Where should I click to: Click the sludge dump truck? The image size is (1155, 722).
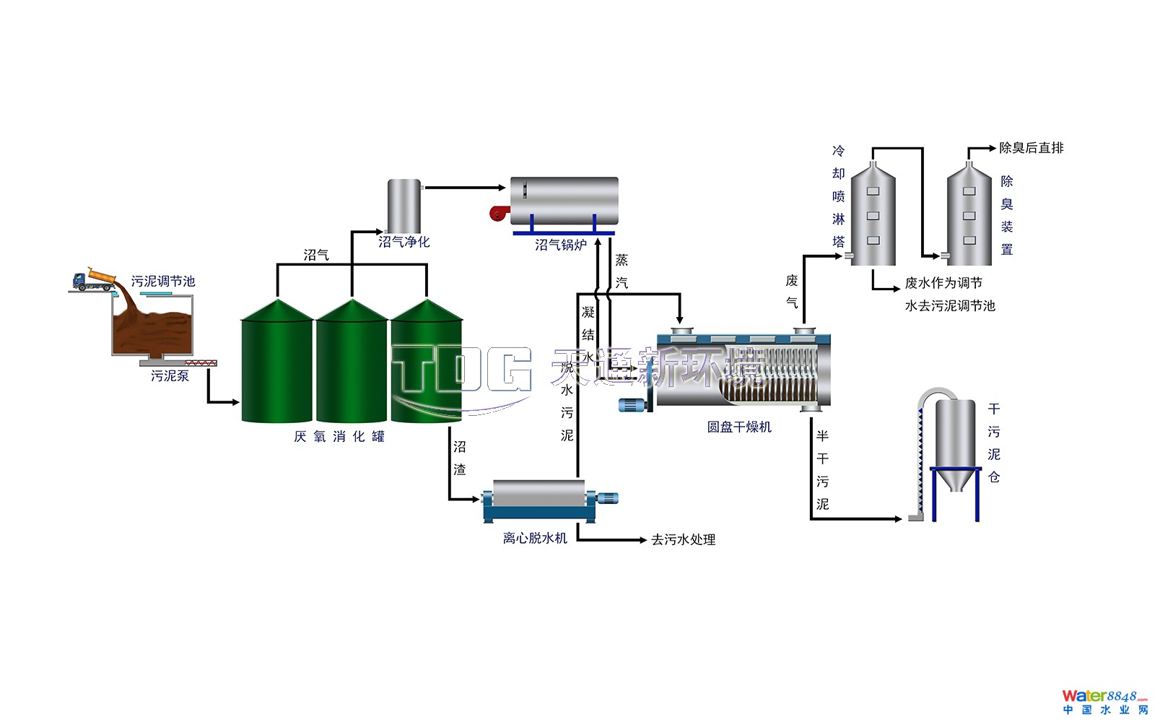coord(95,280)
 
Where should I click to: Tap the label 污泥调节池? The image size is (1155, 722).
coord(163,282)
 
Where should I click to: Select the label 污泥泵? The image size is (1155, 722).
coord(170,376)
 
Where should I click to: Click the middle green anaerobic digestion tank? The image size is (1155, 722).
coord(352,365)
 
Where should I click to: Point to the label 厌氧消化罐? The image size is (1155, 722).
coord(339,437)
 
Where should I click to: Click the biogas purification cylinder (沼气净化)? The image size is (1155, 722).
coord(404,205)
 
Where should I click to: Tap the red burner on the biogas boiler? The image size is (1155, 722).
coord(498,212)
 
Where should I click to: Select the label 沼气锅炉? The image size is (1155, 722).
coord(561,245)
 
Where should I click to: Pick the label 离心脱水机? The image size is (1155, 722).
coord(535,539)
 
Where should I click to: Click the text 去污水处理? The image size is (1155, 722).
coord(683,540)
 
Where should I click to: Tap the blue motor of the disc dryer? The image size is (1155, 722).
coord(633,405)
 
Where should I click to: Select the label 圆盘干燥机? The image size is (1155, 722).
coord(739,427)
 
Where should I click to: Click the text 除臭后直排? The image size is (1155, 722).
coord(1031,148)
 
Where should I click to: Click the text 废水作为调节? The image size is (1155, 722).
coord(943,283)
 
